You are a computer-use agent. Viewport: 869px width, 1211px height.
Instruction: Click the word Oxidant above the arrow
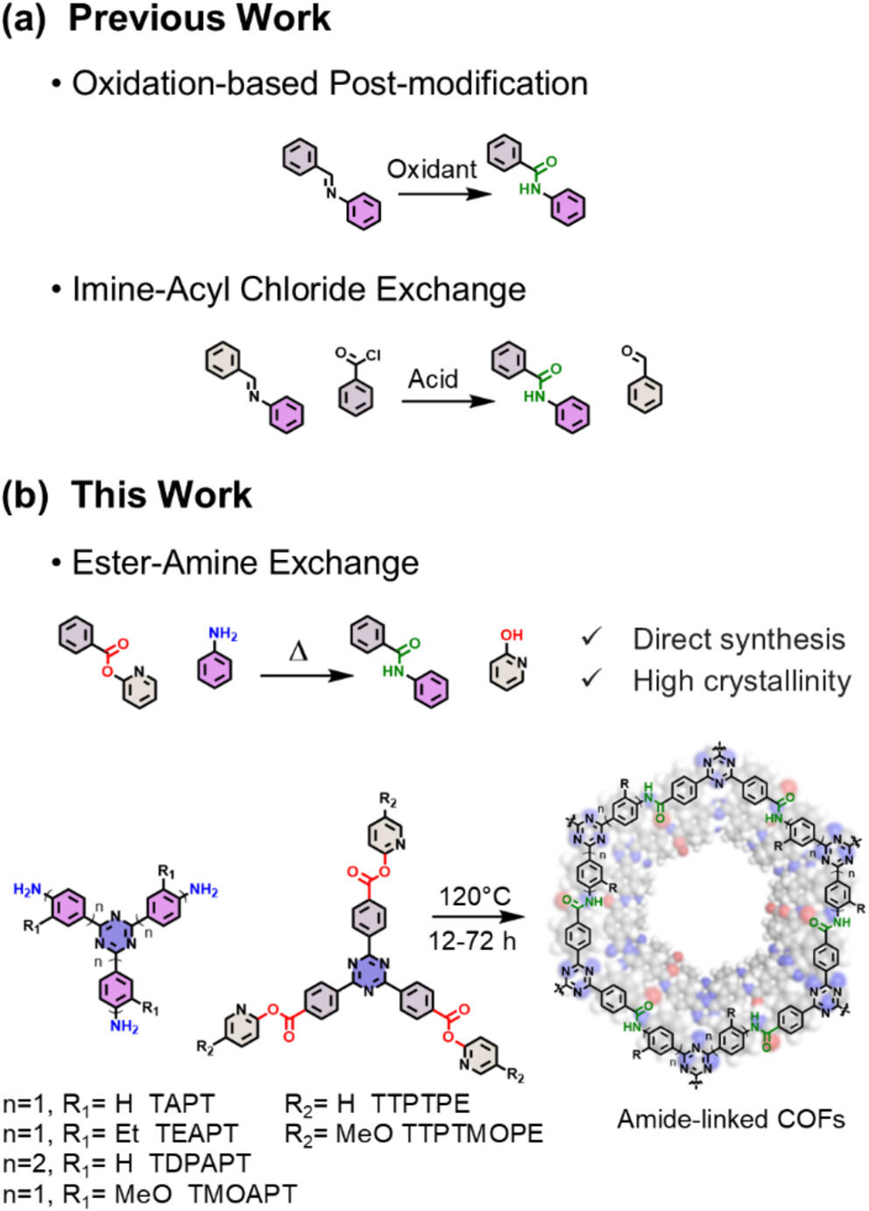[432, 169]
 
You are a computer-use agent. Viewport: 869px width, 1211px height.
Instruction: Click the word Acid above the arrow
[433, 379]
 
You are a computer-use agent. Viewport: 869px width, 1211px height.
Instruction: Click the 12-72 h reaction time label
[472, 941]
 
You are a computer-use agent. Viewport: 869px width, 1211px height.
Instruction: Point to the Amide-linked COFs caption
[731, 1119]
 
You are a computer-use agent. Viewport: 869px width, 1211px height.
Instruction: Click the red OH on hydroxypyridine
[512, 635]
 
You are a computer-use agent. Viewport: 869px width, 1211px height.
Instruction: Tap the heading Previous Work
[200, 19]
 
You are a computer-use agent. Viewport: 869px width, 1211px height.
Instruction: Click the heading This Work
[161, 495]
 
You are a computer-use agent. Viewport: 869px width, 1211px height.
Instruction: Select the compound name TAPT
[181, 1104]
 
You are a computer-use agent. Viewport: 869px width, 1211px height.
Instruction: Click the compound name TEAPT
[196, 1134]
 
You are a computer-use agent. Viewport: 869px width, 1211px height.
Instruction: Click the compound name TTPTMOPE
[473, 1134]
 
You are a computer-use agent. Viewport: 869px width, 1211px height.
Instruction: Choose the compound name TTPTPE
[420, 1104]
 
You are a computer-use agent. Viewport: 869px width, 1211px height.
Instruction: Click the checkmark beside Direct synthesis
[592, 637]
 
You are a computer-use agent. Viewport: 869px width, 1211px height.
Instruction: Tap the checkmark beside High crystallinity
[592, 678]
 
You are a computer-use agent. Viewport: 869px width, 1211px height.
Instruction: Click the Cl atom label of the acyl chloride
[373, 355]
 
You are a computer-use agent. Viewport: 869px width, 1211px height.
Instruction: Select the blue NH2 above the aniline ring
[223, 634]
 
